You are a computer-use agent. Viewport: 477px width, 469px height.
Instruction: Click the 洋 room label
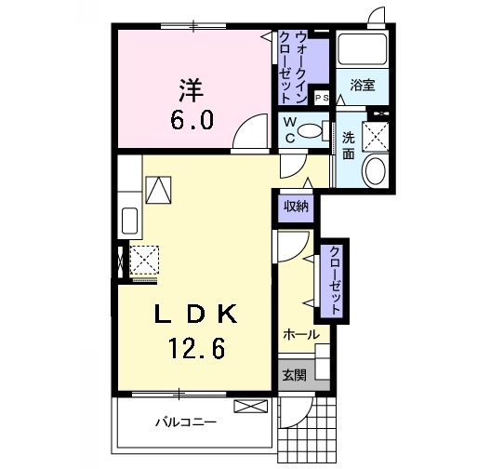(x=192, y=90)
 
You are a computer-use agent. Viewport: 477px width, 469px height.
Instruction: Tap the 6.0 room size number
(x=192, y=120)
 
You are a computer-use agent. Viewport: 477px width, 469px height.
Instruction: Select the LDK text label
(x=196, y=314)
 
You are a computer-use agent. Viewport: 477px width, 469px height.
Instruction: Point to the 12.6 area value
(x=196, y=348)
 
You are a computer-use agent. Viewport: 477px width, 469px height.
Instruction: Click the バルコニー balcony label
(x=185, y=422)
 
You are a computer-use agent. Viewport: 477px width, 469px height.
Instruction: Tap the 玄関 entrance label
(x=295, y=375)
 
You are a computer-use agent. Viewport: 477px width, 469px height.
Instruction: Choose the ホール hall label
(x=301, y=335)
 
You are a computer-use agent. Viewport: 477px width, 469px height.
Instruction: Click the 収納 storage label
(x=296, y=207)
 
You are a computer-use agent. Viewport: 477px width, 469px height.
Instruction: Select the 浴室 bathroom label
(x=363, y=85)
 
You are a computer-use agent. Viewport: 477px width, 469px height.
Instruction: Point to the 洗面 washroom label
(x=349, y=146)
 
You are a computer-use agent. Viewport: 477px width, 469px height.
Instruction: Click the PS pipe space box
(x=322, y=98)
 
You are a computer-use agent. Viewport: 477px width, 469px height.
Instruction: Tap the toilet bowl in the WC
(x=311, y=131)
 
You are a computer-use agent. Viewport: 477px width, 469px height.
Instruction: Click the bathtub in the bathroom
(x=363, y=48)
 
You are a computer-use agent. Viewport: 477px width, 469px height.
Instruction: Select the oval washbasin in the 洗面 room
(x=376, y=171)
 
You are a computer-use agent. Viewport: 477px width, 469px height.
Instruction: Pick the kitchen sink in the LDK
(x=129, y=221)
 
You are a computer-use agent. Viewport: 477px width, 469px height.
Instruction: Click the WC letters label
(x=290, y=130)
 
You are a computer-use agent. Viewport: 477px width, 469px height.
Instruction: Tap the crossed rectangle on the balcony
(x=251, y=406)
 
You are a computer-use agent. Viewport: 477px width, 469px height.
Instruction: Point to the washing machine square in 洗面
(x=375, y=137)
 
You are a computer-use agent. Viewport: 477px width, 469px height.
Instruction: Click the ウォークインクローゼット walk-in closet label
(x=294, y=67)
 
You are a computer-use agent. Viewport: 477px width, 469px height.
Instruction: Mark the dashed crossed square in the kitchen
(x=144, y=260)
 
